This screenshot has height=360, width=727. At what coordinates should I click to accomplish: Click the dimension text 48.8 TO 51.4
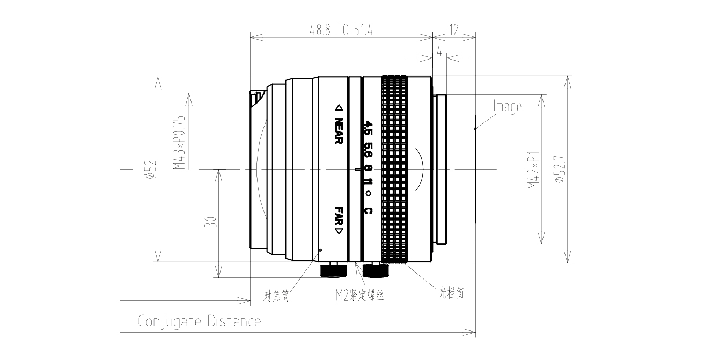point(341,30)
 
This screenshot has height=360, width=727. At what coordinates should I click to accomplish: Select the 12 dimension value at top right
point(454,30)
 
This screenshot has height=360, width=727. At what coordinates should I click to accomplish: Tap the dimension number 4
point(439,51)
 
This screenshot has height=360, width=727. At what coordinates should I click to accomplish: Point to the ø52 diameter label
point(151,169)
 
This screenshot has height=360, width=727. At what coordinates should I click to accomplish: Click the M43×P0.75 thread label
point(179,143)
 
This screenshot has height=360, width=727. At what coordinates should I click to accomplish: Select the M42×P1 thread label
point(533,170)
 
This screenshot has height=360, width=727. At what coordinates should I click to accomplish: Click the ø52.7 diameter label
point(560,169)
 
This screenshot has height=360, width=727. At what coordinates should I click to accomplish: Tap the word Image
point(507,107)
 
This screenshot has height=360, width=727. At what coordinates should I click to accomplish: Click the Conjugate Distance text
point(200,321)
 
